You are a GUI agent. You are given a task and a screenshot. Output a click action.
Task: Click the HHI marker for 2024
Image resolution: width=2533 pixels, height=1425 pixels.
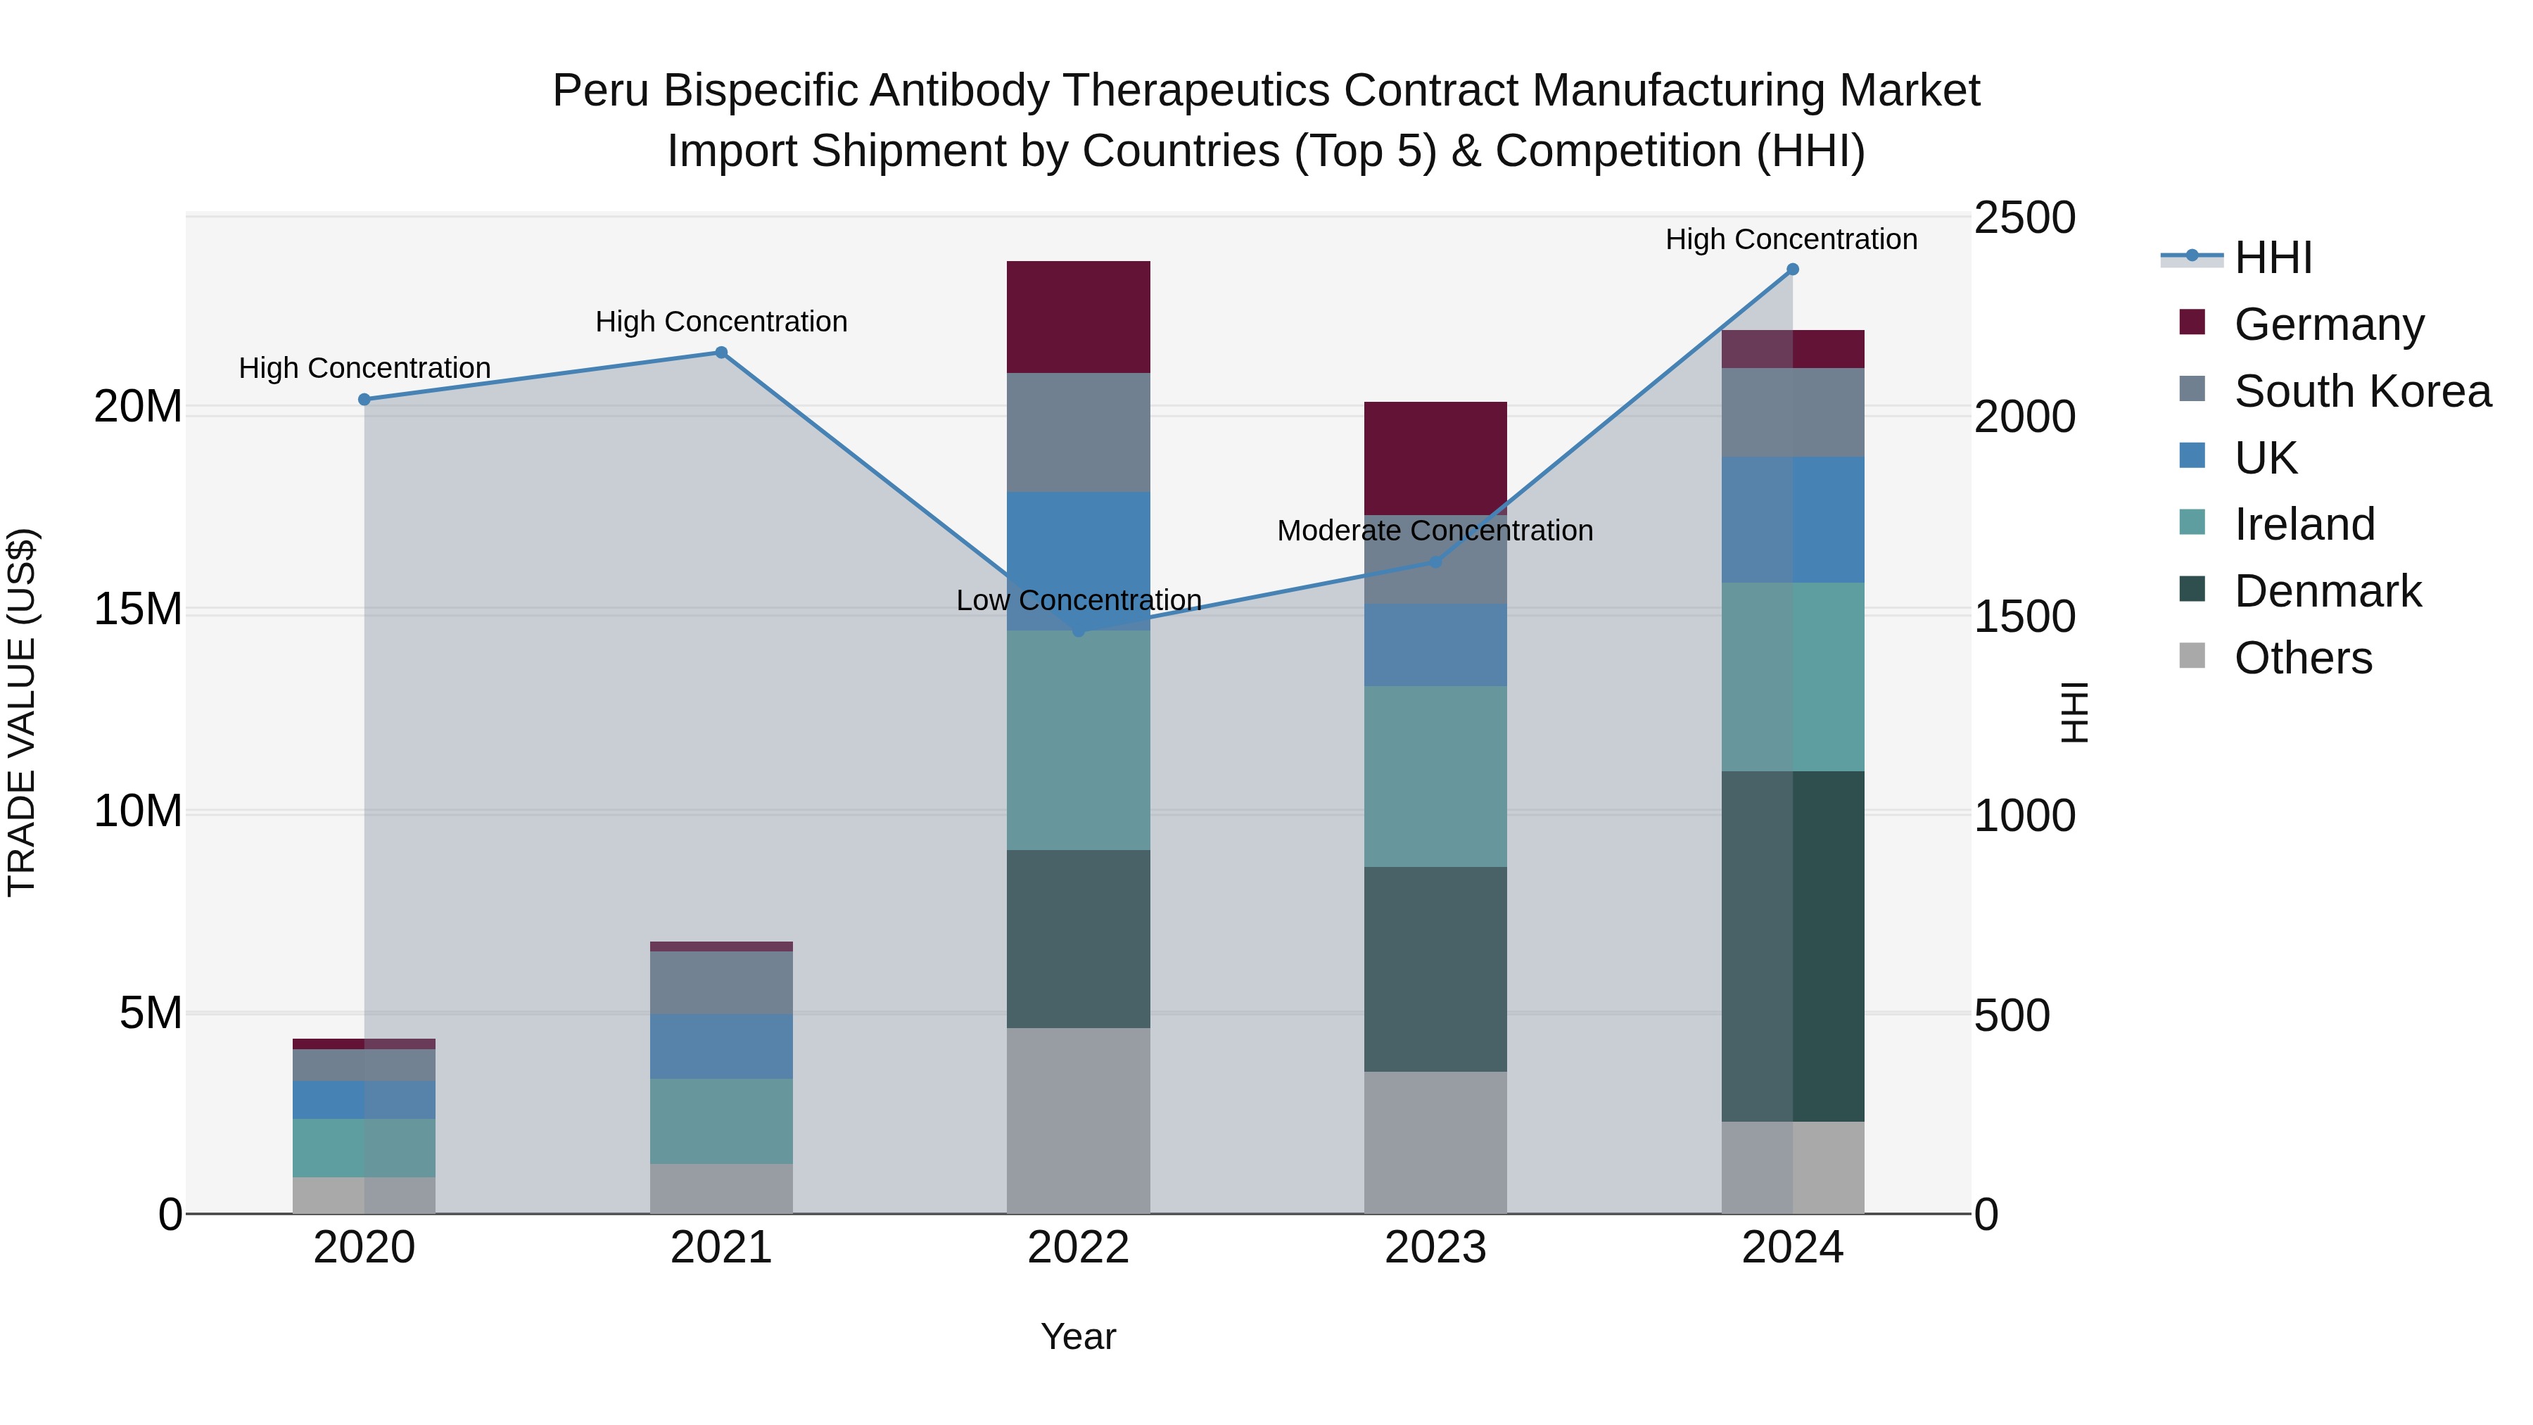[x=1791, y=270]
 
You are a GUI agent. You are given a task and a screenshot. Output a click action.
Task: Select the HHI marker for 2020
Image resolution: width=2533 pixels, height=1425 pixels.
[x=364, y=399]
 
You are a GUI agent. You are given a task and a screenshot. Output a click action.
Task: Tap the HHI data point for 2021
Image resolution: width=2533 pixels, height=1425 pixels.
[x=720, y=352]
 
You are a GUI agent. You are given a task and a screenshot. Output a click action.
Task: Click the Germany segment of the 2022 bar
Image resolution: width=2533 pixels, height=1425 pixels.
[x=1078, y=317]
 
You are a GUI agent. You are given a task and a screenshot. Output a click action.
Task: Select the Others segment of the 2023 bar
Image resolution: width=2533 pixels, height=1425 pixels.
[x=1435, y=1142]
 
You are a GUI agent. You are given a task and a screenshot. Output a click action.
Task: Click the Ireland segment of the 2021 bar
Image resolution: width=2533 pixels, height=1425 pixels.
[x=720, y=1121]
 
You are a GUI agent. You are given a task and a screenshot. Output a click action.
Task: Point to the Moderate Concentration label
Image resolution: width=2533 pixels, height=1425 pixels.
[x=1435, y=531]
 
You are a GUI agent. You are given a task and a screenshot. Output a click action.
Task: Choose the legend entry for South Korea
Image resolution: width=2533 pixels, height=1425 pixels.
[x=2362, y=391]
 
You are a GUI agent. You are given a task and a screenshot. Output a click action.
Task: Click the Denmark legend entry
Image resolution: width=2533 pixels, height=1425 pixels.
[x=2327, y=591]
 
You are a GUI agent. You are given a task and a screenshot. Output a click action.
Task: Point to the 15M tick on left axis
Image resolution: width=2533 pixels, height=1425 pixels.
[x=138, y=609]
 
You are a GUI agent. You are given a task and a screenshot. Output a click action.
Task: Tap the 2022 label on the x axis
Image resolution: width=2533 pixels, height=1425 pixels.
[x=1078, y=1248]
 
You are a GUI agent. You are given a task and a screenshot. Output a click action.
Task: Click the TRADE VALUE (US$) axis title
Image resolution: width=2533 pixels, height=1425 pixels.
[x=22, y=712]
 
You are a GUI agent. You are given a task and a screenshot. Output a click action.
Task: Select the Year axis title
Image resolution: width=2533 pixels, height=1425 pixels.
[x=1078, y=1336]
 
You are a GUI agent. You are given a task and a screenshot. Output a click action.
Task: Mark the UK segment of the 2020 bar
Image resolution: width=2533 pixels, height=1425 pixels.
[x=364, y=1099]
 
